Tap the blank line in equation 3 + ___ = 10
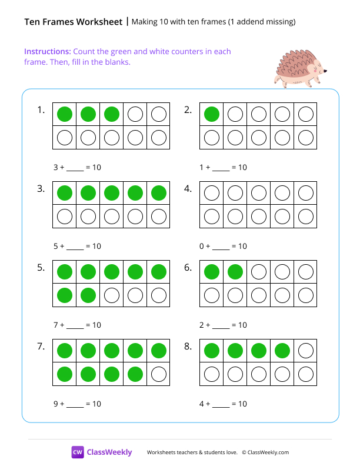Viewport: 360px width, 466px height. [x=75, y=168]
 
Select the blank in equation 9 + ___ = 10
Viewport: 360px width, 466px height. [x=75, y=405]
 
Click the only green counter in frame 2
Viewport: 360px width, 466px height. [x=212, y=114]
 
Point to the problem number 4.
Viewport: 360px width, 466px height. [x=188, y=189]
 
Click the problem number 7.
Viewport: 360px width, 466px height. [x=41, y=347]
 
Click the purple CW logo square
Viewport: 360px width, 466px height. [x=78, y=452]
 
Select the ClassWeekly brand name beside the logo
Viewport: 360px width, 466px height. [x=109, y=452]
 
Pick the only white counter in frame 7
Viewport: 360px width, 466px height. [x=159, y=374]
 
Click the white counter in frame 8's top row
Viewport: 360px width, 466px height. [x=306, y=351]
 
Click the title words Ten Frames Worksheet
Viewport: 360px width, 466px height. [x=73, y=22]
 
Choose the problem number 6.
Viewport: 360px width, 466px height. [x=188, y=268]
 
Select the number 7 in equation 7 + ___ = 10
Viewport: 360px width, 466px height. [x=55, y=325]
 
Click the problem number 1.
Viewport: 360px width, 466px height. [x=41, y=110]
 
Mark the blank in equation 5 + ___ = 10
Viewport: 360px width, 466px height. [x=75, y=247]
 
